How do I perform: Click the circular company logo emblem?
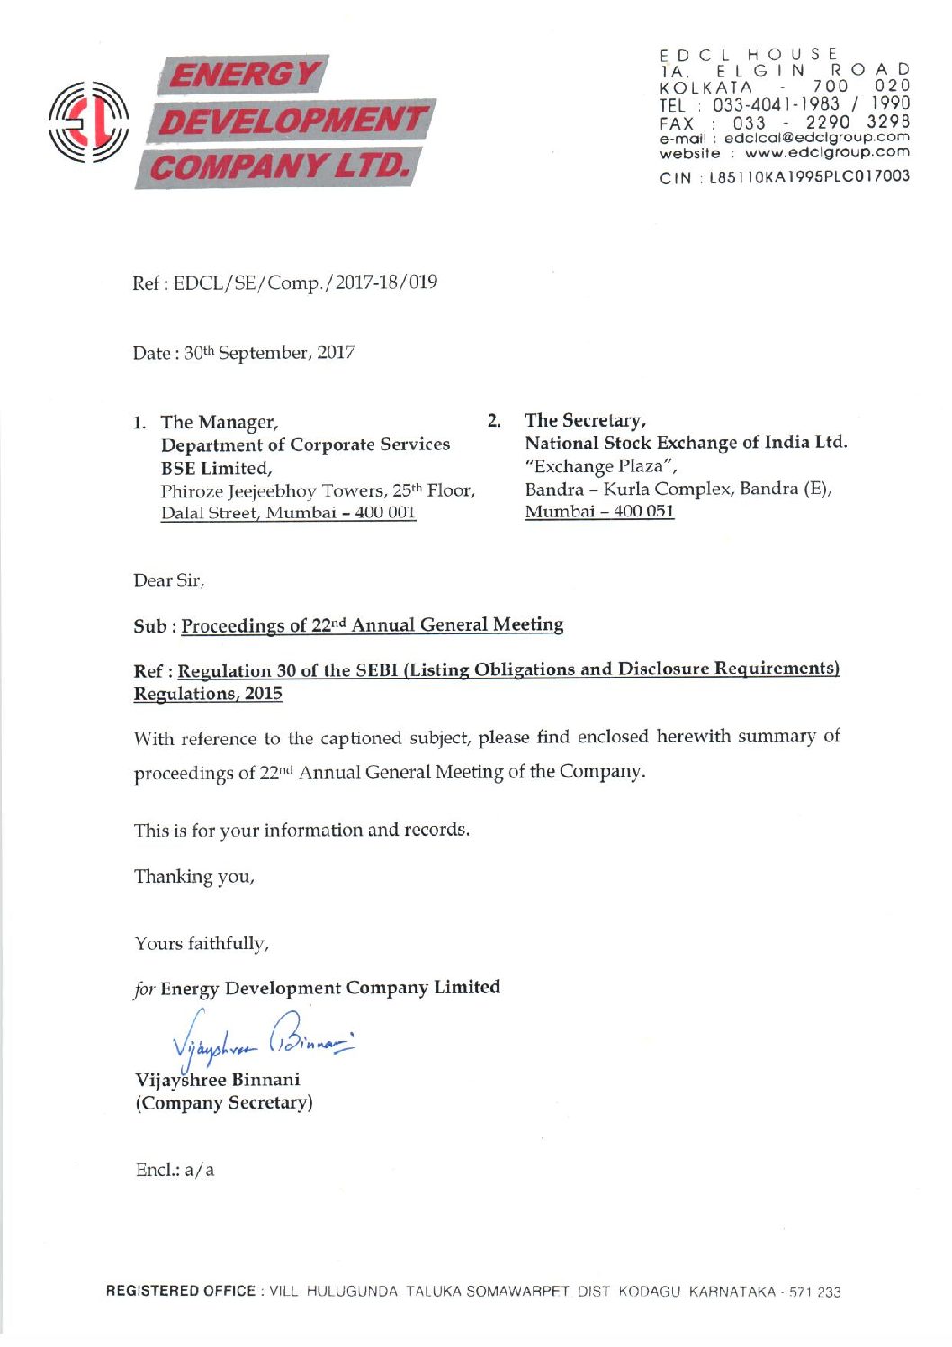coord(88,121)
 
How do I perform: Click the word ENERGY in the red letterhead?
coord(243,75)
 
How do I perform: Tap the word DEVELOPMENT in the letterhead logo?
coord(291,121)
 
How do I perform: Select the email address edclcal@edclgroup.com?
coord(816,138)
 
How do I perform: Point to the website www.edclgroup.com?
coord(826,153)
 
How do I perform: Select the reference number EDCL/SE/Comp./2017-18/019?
coord(305,283)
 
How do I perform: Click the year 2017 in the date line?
coord(336,353)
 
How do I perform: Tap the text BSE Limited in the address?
coord(215,468)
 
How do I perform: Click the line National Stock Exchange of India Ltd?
coord(686,443)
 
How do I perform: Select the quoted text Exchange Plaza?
coord(600,466)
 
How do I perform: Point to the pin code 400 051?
coord(643,511)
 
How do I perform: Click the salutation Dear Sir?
coord(168,580)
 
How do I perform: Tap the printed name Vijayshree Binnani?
coord(218,1080)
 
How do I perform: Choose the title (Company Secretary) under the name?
coord(224,1103)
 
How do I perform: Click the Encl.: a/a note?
coord(175,1170)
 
